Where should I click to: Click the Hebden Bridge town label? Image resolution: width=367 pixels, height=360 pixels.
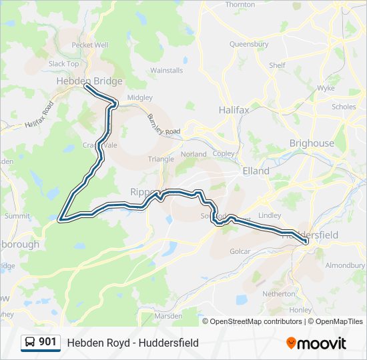coord(89,81)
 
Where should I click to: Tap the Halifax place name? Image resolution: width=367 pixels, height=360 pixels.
coord(234,109)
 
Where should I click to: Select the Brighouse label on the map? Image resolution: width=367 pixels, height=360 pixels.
coord(311,143)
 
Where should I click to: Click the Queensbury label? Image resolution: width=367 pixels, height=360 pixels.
coord(248,45)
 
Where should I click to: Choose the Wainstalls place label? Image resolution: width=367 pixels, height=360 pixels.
coord(166,70)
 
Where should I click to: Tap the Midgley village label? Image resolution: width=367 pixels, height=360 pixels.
coord(139,97)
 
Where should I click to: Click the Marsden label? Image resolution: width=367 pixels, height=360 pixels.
coord(169,315)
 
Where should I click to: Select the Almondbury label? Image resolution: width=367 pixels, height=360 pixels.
coord(345,265)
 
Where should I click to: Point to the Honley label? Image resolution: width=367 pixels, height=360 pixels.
coord(301,310)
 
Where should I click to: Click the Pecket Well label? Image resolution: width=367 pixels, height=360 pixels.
coord(89,45)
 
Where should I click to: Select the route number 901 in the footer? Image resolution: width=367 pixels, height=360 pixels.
coord(47,342)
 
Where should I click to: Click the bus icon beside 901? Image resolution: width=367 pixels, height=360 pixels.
coord(30,343)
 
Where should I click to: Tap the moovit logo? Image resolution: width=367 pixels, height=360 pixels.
coord(316,343)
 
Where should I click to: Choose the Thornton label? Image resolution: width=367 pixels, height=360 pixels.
coord(240,5)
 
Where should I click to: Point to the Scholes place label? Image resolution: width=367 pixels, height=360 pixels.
coord(344,107)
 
